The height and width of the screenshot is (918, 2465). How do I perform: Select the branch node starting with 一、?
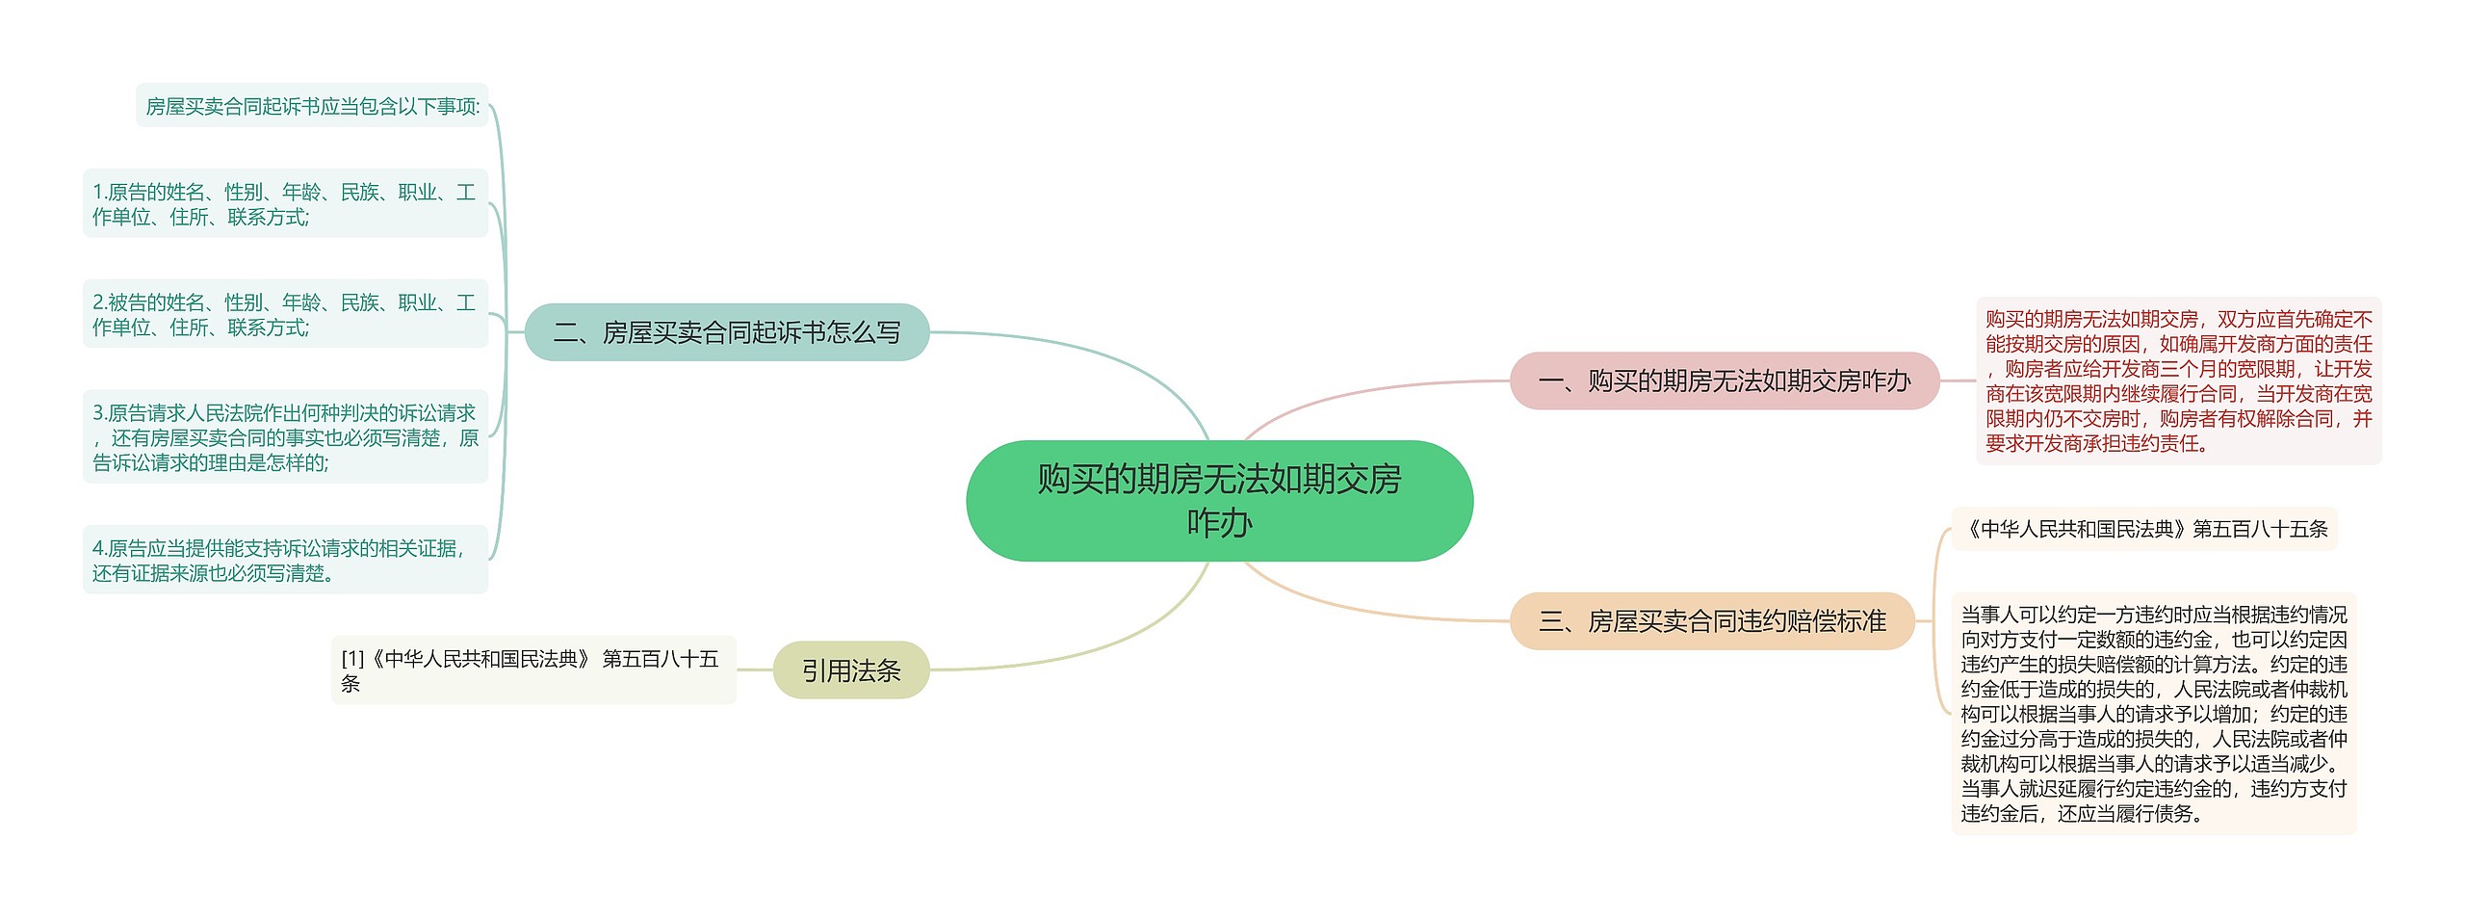coord(1724,381)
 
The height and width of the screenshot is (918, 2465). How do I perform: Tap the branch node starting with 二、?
coord(727,332)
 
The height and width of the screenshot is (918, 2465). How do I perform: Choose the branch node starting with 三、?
coord(1712,621)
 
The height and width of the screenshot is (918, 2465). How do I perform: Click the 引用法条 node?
coord(851,670)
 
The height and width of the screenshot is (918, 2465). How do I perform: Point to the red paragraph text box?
coord(2178,381)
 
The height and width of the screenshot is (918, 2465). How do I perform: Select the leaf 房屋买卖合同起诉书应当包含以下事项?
coord(312,106)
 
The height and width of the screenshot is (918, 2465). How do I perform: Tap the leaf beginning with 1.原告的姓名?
coord(285,204)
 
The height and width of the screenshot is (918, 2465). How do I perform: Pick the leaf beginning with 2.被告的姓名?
coord(285,315)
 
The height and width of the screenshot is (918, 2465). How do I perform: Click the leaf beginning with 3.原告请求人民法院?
coord(285,437)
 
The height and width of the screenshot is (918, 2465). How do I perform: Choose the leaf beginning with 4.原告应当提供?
coord(285,561)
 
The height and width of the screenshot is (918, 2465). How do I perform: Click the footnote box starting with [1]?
coord(533,670)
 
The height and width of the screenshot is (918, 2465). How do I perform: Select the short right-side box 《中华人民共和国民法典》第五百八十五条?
coord(2144,529)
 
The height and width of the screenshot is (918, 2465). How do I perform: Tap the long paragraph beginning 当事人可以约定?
coord(2154,714)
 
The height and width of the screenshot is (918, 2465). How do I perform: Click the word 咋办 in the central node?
coord(1219,523)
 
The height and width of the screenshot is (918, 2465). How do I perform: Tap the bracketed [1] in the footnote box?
coord(352,659)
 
